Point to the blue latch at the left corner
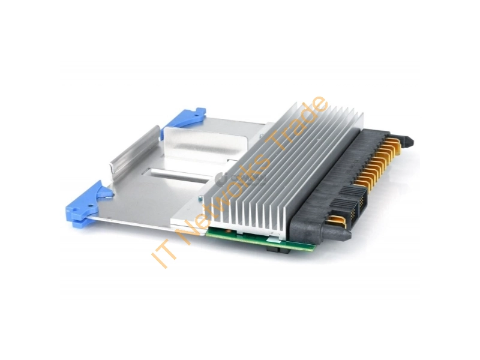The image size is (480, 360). coord(87,205)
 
